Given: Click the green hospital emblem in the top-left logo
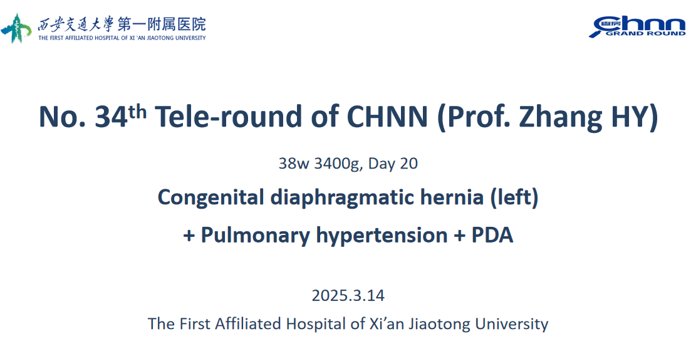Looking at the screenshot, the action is coord(16,28).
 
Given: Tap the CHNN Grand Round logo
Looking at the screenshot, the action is coord(637,27).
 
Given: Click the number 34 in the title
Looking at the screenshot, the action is coord(111,117).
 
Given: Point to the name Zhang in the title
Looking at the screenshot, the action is coord(560,118).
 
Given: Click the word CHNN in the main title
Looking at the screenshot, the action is coord(387,117).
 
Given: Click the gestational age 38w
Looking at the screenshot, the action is coord(293,164).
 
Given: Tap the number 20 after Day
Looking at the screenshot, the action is coord(409,164).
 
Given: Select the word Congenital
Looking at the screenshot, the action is coord(211,197).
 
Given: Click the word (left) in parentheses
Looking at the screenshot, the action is coord(514,197).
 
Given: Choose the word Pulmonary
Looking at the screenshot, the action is coord(255,235).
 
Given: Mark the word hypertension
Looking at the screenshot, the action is coord(382,235).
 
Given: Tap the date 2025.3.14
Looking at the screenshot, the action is coord(348,296).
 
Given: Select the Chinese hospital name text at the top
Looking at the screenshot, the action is coord(122,24).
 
